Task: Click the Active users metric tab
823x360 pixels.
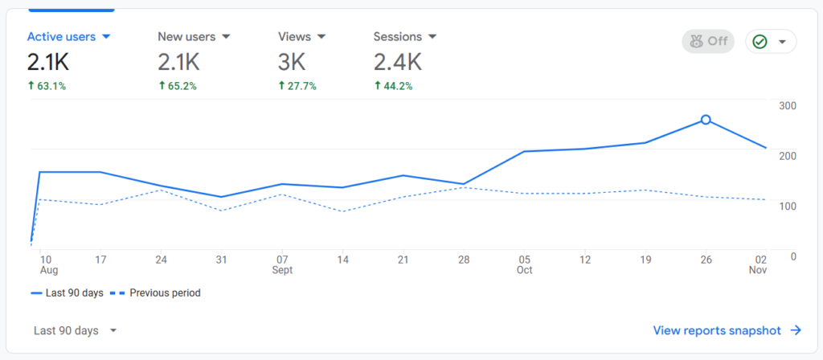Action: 68,37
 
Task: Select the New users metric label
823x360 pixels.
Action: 194,37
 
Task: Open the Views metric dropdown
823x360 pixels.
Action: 321,37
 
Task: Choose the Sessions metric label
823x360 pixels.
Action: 405,37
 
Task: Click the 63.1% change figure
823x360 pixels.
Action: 47,86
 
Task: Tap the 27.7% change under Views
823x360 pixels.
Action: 297,86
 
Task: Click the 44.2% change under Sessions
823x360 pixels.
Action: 393,86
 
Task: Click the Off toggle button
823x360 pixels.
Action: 707,41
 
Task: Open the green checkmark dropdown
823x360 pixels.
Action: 771,41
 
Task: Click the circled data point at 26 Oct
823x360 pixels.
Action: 706,120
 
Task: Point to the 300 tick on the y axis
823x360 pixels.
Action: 787,106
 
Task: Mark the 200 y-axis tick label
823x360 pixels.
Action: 787,156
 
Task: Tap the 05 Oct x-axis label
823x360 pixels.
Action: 524,264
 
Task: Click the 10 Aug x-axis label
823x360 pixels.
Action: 46,264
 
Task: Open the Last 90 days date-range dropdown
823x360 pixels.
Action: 76,330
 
